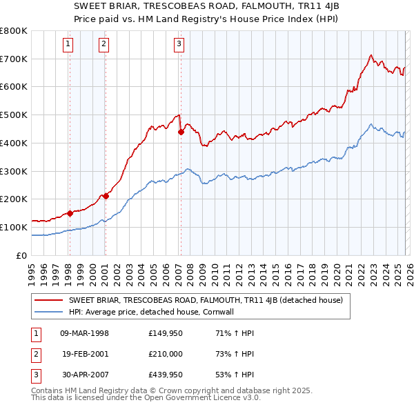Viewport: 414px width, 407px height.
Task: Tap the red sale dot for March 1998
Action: [70, 213]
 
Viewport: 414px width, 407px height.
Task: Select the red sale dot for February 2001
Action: [106, 196]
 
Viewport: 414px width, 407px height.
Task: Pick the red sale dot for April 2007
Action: [181, 132]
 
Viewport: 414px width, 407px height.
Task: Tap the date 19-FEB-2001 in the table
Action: [85, 354]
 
